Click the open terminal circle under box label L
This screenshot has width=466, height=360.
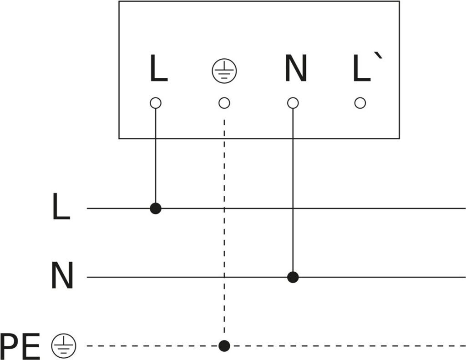click(156, 103)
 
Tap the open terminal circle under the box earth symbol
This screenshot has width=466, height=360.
click(224, 103)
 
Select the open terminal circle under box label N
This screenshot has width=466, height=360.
click(293, 103)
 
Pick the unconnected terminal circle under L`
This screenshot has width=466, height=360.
click(360, 103)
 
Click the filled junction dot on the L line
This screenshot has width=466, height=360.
click(156, 208)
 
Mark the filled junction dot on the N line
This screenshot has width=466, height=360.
click(293, 277)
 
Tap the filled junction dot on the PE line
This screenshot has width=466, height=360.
click(224, 346)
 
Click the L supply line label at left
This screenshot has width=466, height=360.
click(61, 207)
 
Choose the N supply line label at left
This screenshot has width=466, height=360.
click(62, 276)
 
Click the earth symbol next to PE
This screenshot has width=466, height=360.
click(64, 346)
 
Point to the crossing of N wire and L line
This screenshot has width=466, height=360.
click(293, 208)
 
